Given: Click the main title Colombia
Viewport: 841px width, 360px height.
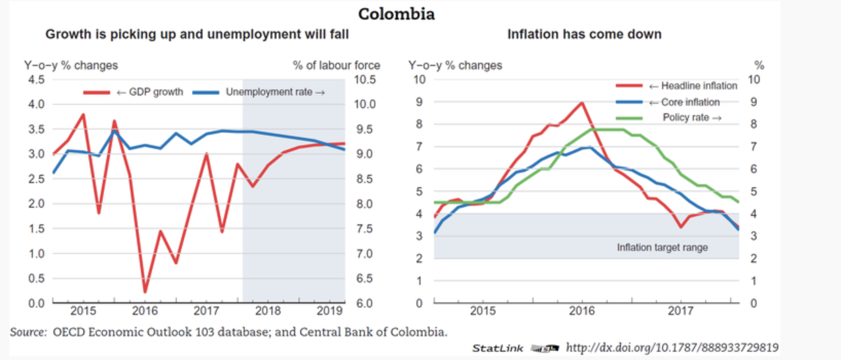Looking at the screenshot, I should pyautogui.click(x=396, y=14).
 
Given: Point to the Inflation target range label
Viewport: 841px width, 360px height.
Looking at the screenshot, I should pyautogui.click(x=662, y=247).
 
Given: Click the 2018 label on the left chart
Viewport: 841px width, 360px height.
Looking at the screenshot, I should pyautogui.click(x=268, y=311).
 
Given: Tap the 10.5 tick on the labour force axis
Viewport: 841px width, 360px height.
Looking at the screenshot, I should pyautogui.click(x=365, y=80).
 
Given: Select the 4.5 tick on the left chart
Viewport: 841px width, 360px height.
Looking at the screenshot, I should pyautogui.click(x=36, y=80).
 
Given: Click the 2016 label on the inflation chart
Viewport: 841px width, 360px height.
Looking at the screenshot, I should pyautogui.click(x=582, y=311).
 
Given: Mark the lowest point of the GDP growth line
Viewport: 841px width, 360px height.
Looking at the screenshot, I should pyautogui.click(x=145, y=292).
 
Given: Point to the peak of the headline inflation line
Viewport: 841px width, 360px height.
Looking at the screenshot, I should pyautogui.click(x=581, y=103).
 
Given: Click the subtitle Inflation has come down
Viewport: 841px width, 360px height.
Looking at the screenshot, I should pyautogui.click(x=584, y=34).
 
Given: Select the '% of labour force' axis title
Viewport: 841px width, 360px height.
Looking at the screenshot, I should pyautogui.click(x=336, y=65).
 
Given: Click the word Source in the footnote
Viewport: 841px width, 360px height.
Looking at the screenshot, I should pyautogui.click(x=28, y=332).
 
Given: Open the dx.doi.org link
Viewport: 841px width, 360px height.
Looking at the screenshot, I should pyautogui.click(x=672, y=348).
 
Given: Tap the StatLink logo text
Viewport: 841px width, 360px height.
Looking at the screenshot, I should pyautogui.click(x=497, y=348).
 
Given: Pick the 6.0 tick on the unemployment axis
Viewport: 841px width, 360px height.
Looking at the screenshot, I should pyautogui.click(x=364, y=303).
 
